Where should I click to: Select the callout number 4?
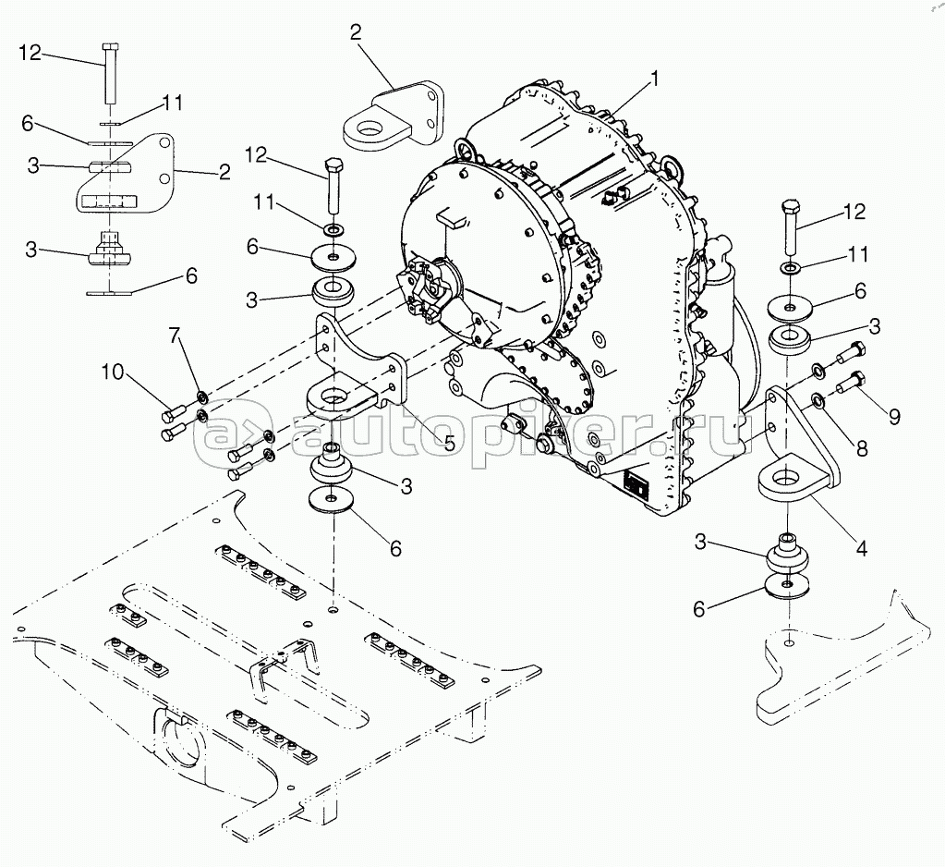click(860, 548)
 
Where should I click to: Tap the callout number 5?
click(449, 443)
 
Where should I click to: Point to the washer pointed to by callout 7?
click(201, 398)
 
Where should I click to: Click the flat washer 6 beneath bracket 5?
click(331, 500)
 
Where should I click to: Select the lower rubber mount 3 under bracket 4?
click(784, 559)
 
